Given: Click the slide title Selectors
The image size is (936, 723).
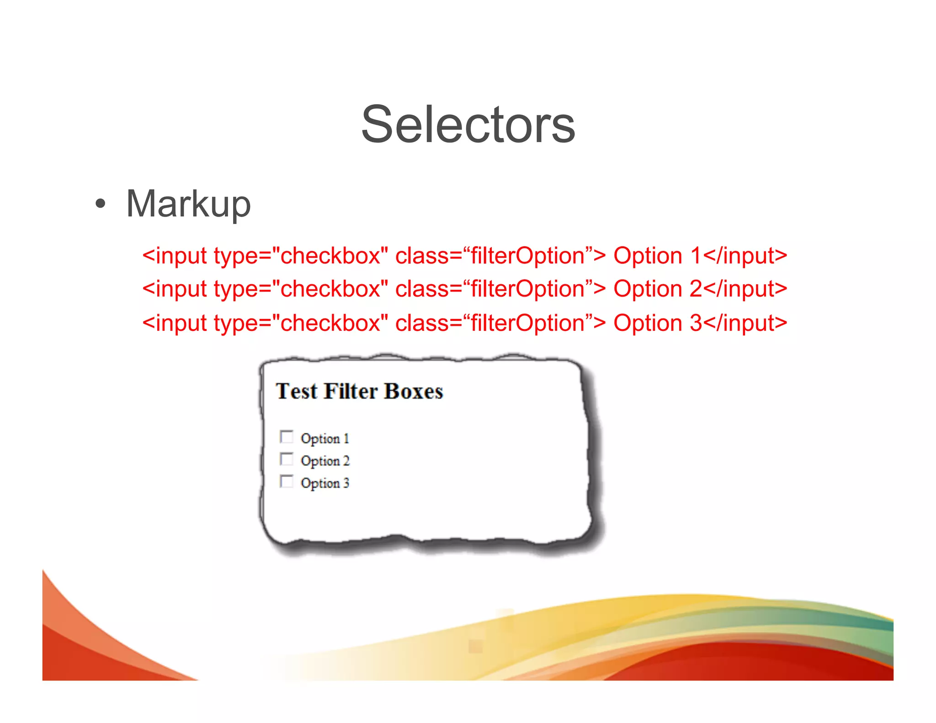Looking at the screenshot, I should [x=468, y=124].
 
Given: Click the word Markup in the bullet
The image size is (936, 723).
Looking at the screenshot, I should [x=188, y=204].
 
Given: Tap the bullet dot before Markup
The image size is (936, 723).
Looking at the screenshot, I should [x=100, y=204].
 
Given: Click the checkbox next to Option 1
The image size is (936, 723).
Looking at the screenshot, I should [x=287, y=437].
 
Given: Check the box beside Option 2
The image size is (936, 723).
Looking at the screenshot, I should [x=287, y=459].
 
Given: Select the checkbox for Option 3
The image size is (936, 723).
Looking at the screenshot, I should [x=287, y=481].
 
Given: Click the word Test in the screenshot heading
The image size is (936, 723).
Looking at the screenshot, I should [x=296, y=391].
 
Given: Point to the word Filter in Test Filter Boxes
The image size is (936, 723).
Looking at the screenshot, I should [x=351, y=391].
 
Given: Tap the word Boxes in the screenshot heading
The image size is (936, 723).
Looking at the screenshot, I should [x=413, y=391].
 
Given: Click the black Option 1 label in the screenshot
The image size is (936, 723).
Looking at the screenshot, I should [x=325, y=439].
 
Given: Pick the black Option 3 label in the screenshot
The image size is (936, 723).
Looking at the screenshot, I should [x=325, y=483].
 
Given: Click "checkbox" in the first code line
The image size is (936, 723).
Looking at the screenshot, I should [x=330, y=255].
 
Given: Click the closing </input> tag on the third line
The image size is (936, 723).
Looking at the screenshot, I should [x=745, y=323].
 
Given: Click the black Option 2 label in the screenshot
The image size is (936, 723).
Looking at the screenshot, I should [x=325, y=461].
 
